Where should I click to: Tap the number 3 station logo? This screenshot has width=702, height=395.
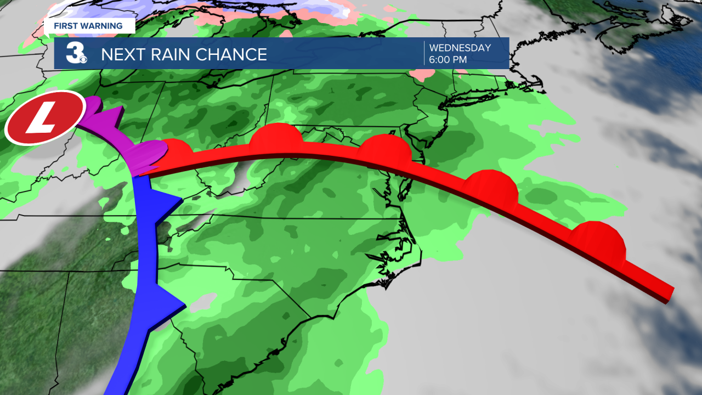[x=75, y=53]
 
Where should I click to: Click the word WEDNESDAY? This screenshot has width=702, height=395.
[x=460, y=48]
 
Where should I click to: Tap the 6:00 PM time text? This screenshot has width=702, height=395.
[x=448, y=59]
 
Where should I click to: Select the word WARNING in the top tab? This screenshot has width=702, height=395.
[x=101, y=26]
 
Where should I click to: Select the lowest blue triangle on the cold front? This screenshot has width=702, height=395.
[x=171, y=302]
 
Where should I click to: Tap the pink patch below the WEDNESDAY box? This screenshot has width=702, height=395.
[x=421, y=75]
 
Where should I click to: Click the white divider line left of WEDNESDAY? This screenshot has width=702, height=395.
[x=424, y=53]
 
